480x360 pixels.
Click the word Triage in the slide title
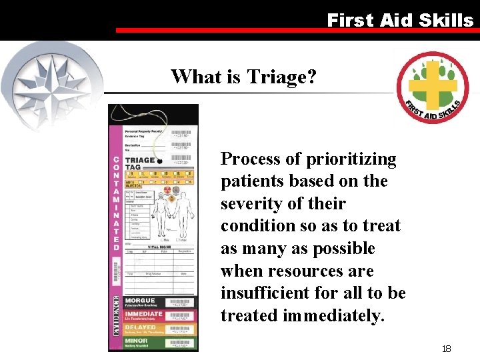pos(277,77)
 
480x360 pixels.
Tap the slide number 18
pos(447,349)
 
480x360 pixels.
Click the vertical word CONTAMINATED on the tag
pos(116,203)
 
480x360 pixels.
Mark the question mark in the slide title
pos(311,77)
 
